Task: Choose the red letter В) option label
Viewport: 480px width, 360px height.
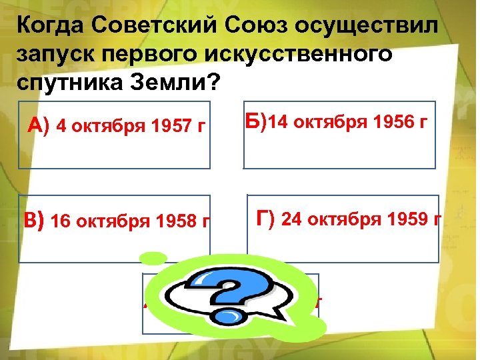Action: (34, 221)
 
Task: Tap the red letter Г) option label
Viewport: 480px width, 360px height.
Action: (266, 218)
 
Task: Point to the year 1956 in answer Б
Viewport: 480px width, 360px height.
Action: (391, 123)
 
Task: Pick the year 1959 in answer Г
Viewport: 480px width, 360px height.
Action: (407, 219)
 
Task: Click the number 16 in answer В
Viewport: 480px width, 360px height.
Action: (60, 221)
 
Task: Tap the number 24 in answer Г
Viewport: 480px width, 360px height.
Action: (291, 219)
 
